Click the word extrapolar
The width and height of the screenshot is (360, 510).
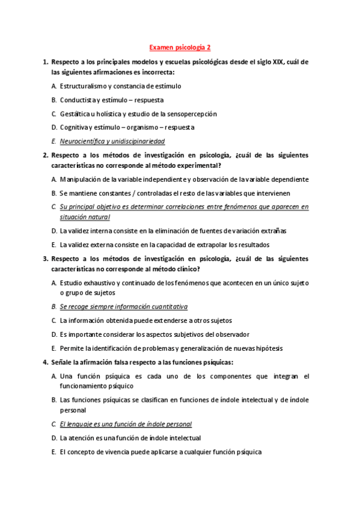pos(191,245)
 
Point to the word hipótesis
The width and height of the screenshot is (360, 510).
pos(269,348)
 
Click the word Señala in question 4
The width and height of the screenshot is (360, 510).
pos(63,362)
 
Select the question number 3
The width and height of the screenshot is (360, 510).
pos(45,259)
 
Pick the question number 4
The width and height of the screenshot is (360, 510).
pos(45,362)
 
